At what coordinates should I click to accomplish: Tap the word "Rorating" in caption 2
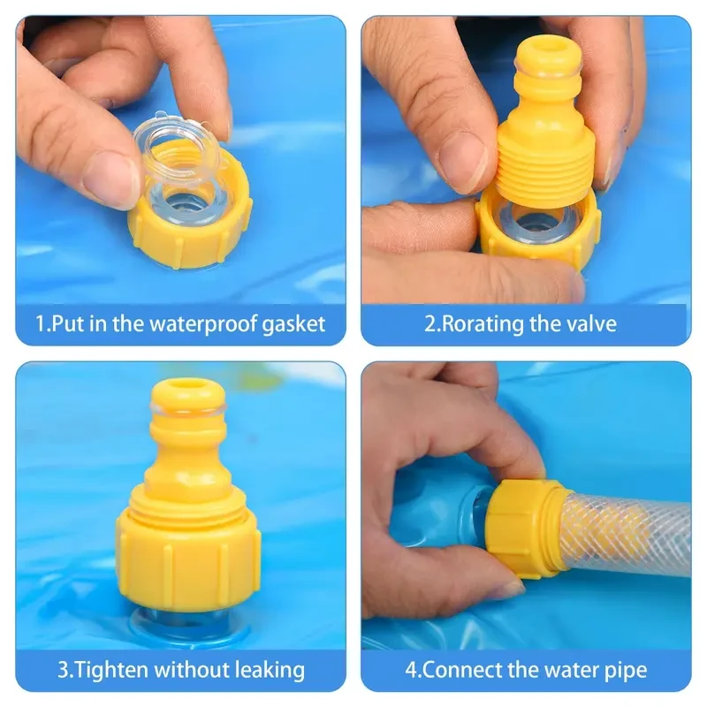[x=483, y=323]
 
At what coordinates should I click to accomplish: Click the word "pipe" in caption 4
[x=624, y=669]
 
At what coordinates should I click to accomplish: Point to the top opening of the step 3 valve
[x=187, y=389]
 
